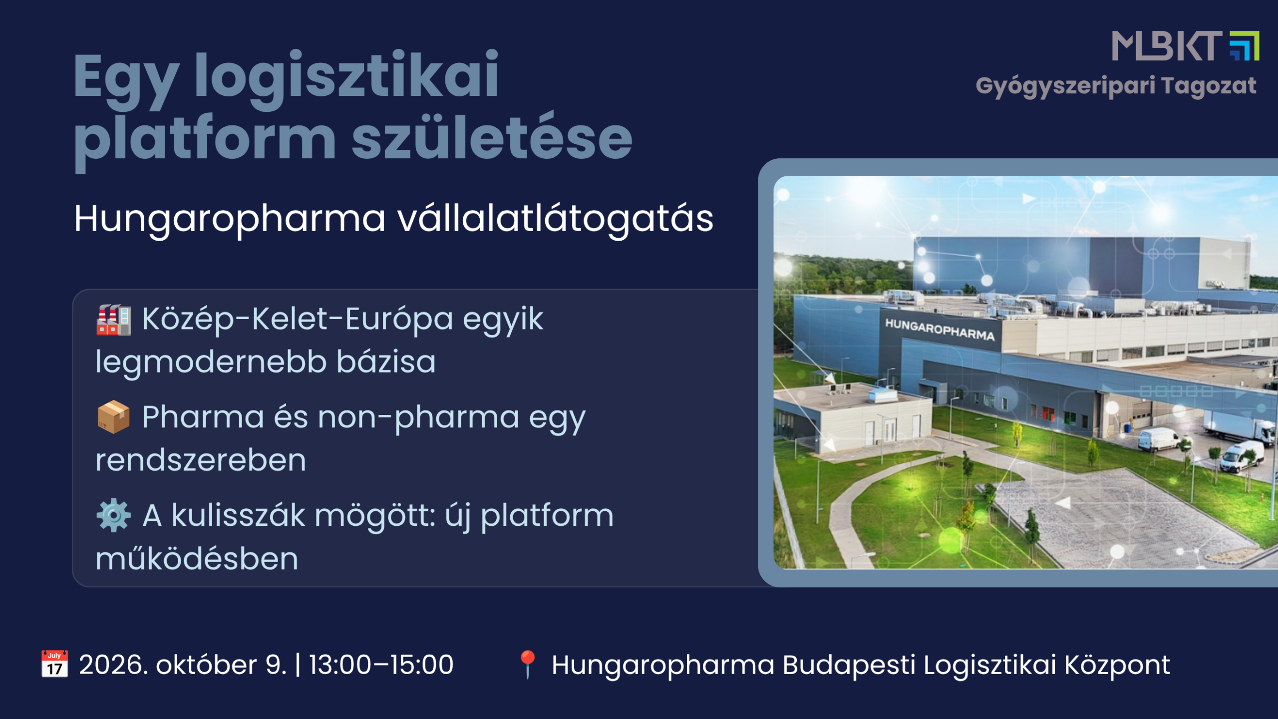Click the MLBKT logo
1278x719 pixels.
pos(1185,46)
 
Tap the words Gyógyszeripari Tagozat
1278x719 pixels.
pos(1116,86)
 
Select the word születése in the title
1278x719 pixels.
pos(492,138)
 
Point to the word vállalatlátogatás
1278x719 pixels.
pos(556,220)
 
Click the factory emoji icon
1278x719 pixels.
pos(114,320)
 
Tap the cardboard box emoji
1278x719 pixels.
pos(113,417)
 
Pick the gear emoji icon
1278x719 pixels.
pos(114,515)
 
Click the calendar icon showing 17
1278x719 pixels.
pos(54,664)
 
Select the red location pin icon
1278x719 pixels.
pos(528,665)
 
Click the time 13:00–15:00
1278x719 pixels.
pos(381,665)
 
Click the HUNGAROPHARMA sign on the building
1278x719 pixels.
pos(940,330)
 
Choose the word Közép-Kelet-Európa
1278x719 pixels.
pos(298,320)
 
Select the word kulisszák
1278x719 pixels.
pos(238,515)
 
